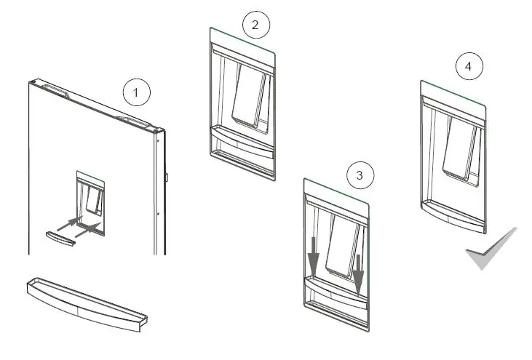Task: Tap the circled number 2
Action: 255,25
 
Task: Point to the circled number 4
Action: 468,67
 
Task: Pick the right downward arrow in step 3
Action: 359,267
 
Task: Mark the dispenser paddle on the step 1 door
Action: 92,198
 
